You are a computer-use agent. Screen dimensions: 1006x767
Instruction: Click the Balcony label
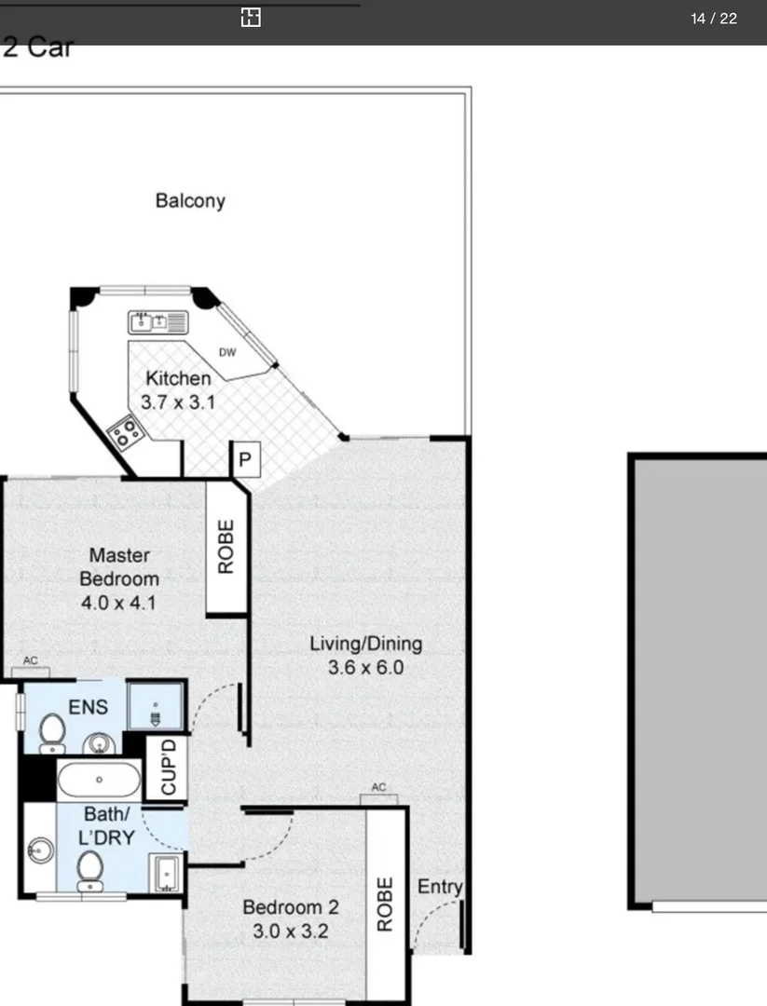click(x=190, y=200)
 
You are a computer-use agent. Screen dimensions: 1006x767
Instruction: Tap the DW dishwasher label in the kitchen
click(x=226, y=352)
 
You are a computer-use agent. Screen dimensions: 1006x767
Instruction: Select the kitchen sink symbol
click(x=158, y=323)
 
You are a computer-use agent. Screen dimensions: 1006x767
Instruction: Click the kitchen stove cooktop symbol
click(x=124, y=432)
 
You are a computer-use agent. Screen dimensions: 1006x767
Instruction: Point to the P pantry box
click(x=245, y=460)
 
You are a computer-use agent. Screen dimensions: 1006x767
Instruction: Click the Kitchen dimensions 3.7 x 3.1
click(x=177, y=402)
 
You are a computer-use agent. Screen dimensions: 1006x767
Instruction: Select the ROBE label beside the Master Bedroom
click(x=226, y=546)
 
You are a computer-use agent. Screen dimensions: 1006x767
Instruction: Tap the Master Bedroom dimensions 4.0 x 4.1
click(x=118, y=602)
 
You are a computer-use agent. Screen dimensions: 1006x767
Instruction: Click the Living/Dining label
click(x=365, y=643)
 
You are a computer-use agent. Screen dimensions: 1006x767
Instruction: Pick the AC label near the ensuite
click(x=31, y=661)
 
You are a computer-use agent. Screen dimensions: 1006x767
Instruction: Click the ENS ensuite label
click(x=87, y=704)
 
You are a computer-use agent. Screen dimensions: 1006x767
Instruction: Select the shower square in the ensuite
click(x=154, y=706)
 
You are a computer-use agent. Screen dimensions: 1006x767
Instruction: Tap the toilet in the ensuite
click(x=52, y=732)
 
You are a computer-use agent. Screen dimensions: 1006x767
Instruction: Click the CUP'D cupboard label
click(x=169, y=768)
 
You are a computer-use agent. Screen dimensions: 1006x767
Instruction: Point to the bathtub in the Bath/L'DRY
click(x=99, y=779)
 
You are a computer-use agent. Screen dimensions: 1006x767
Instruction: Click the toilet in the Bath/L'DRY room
click(x=89, y=871)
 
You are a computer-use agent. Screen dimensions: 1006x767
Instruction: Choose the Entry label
click(x=439, y=887)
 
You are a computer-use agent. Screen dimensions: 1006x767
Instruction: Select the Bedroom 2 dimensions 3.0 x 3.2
click(x=290, y=931)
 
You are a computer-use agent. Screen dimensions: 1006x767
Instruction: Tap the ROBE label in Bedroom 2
click(x=385, y=904)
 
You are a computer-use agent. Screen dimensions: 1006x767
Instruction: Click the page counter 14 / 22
click(x=714, y=19)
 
